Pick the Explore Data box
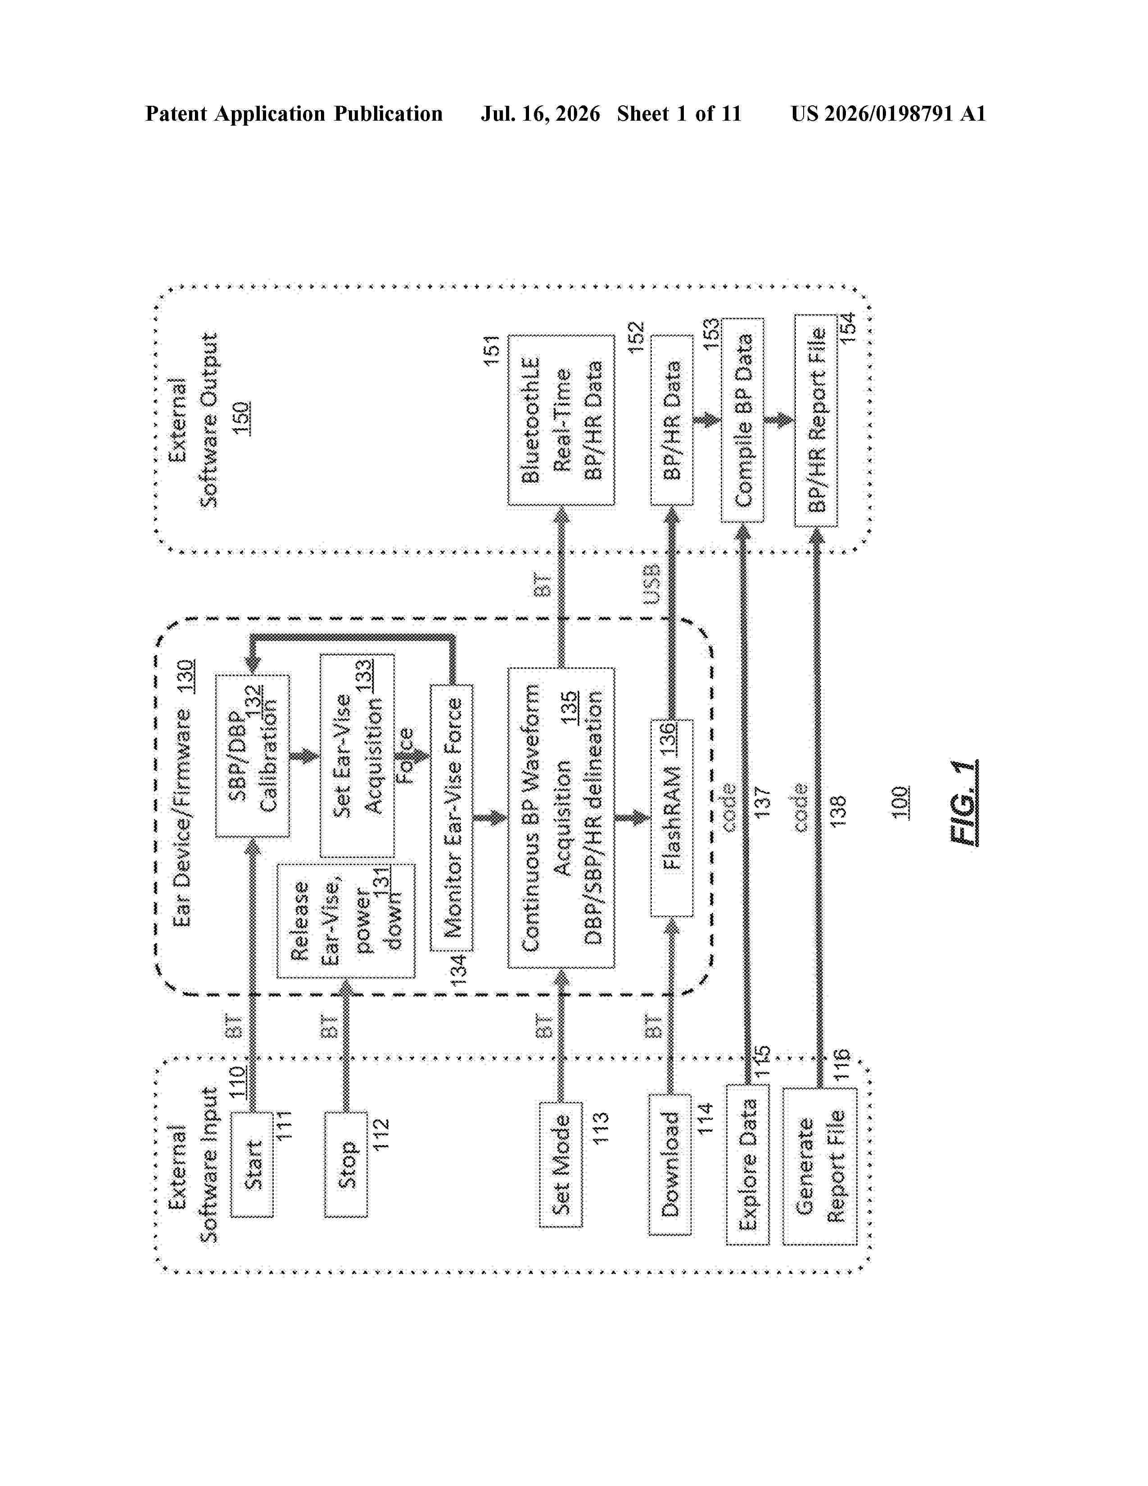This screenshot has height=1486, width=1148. [x=748, y=1165]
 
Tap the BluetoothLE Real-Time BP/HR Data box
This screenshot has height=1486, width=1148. [x=561, y=420]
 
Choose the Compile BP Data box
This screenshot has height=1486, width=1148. [x=743, y=420]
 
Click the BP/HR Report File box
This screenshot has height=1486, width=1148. [x=816, y=420]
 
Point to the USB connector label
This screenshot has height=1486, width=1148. [x=651, y=584]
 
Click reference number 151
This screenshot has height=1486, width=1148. [x=491, y=350]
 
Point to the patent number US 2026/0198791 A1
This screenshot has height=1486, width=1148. [x=888, y=113]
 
